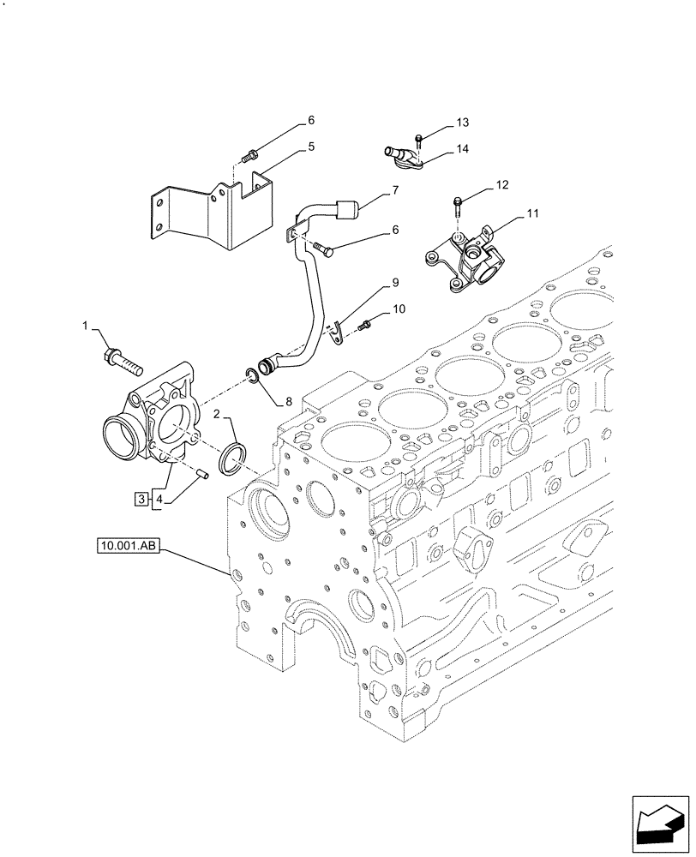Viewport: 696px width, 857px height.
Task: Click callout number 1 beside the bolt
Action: coord(86,325)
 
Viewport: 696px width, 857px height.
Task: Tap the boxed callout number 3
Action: coord(140,497)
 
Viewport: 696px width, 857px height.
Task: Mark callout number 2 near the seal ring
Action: coord(218,414)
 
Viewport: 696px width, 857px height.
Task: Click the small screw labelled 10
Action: coord(367,323)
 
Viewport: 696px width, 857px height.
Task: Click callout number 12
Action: coord(502,184)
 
